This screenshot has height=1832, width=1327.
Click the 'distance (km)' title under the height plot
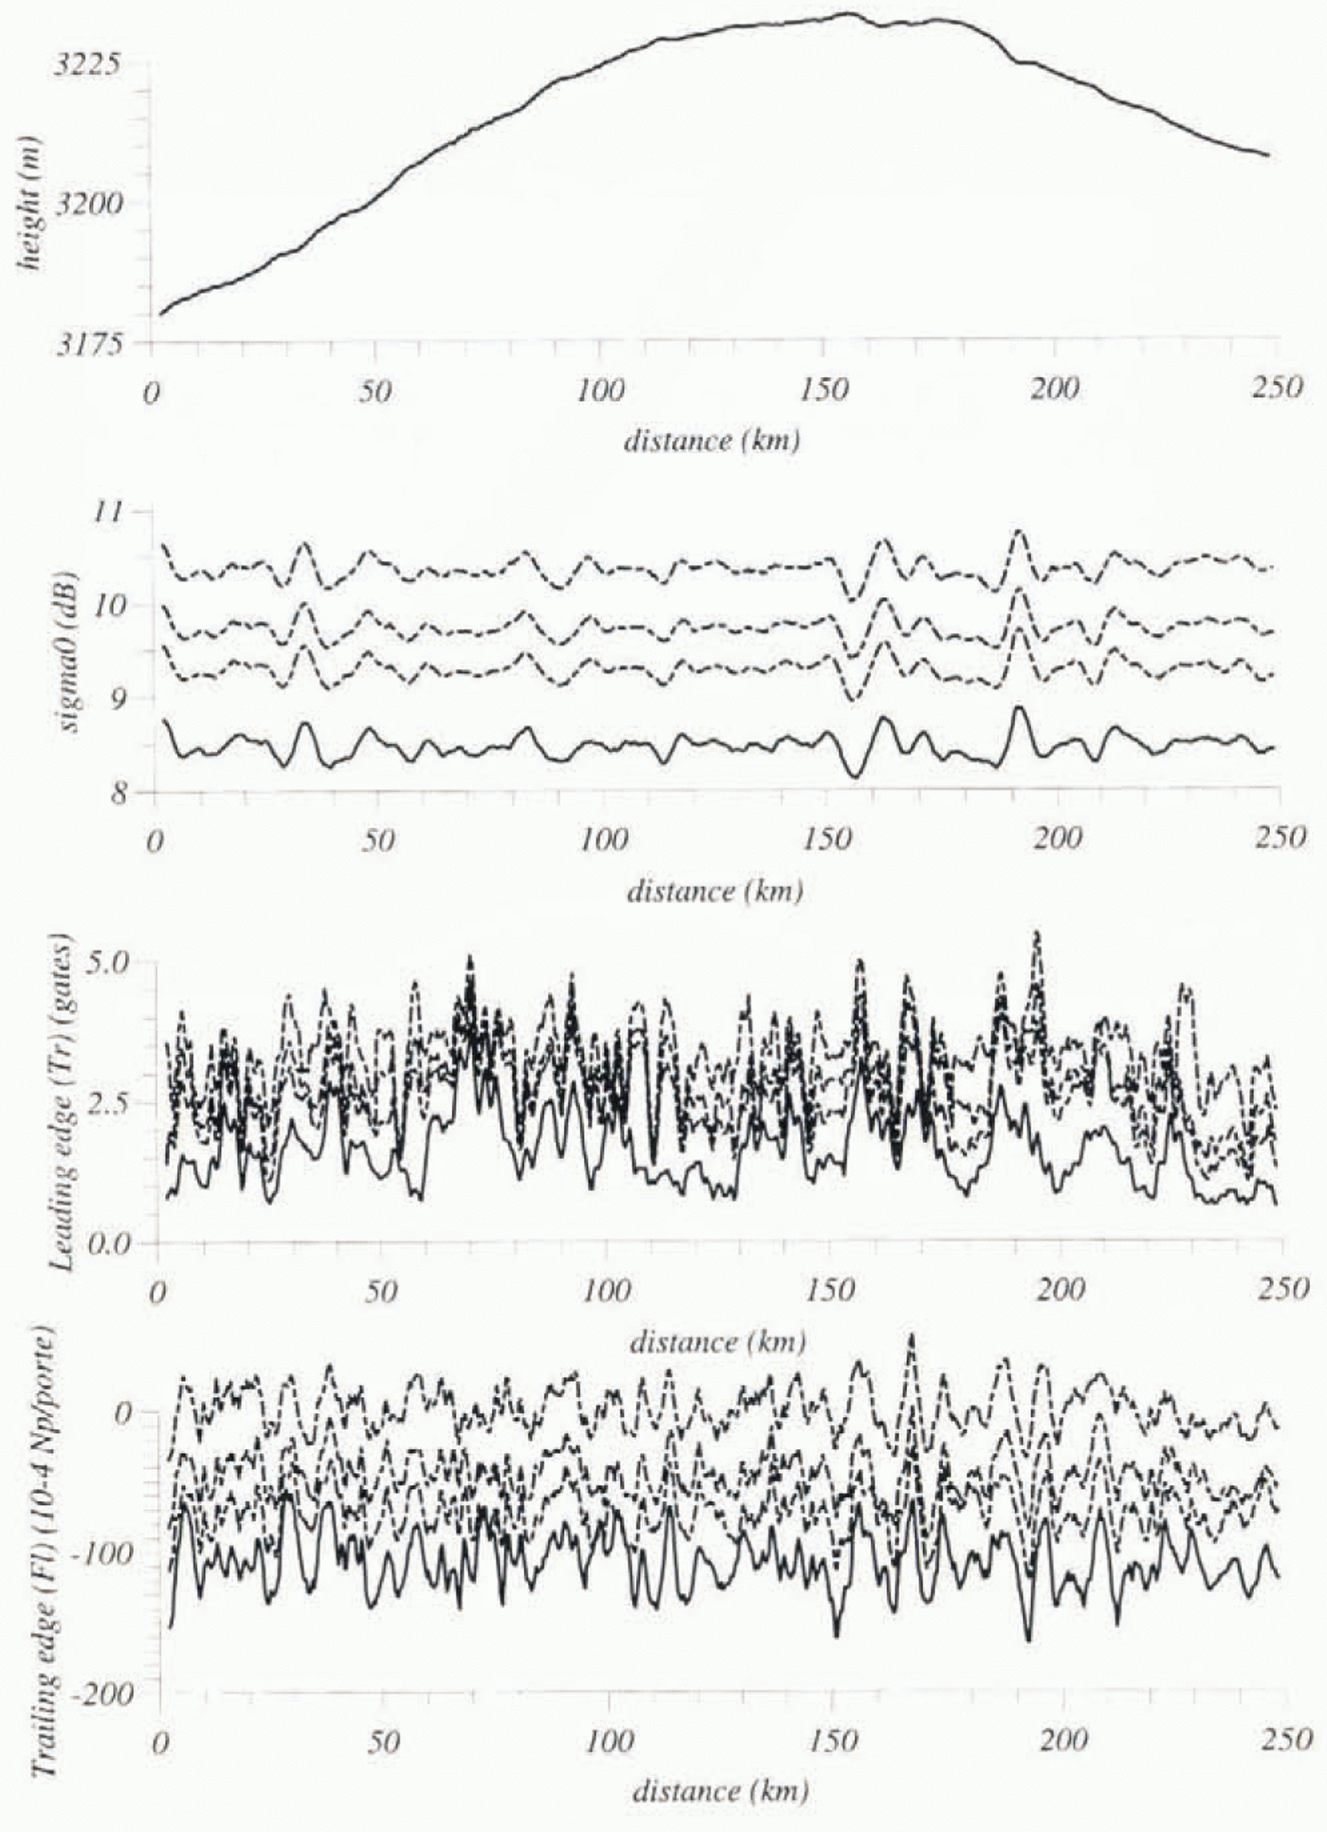[x=711, y=441]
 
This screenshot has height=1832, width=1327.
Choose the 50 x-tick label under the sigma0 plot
[x=378, y=840]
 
